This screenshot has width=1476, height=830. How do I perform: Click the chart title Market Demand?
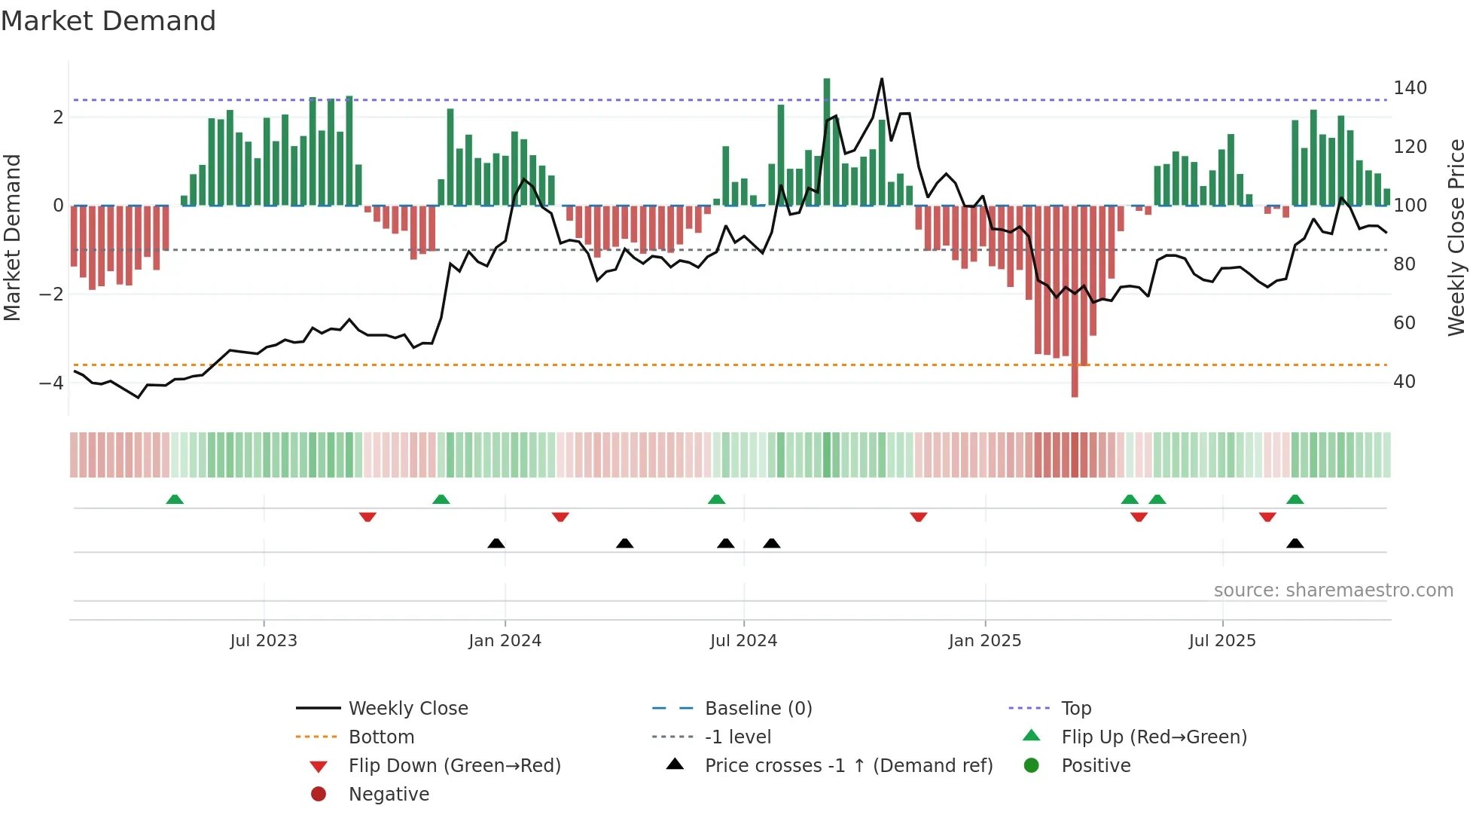pos(108,21)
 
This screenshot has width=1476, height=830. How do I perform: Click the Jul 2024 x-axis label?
pos(743,641)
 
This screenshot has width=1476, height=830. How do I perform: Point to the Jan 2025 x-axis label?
pos(984,641)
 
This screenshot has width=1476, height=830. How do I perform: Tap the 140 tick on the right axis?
pos(1410,88)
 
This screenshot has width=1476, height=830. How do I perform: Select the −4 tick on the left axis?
pos(51,383)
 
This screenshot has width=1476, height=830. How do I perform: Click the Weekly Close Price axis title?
pos(1456,237)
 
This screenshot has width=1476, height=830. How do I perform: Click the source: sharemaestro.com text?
pos(1333,590)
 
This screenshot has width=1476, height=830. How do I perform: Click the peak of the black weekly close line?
pos(882,79)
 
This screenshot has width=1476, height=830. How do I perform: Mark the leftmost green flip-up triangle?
pos(175,499)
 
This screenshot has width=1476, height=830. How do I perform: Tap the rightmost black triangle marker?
pos(1295,543)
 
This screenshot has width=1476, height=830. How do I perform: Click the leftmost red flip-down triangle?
pos(367,517)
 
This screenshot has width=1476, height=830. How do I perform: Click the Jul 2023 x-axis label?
pos(264,641)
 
